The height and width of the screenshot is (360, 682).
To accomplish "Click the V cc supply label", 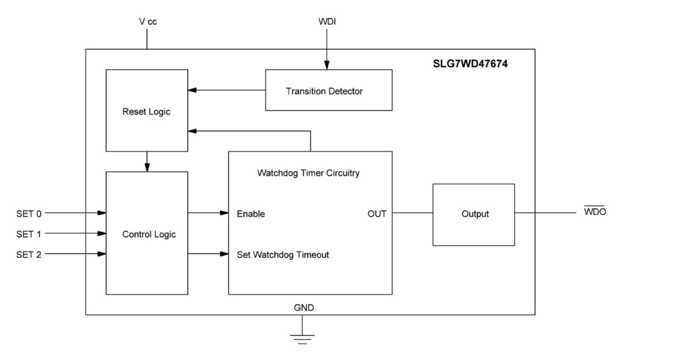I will [147, 23].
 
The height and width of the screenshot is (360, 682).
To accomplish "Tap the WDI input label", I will [327, 23].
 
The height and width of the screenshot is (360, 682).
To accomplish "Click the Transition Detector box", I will [328, 90].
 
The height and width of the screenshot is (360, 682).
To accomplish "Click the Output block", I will [473, 214].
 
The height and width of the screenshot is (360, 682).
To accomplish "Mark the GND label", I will [304, 307].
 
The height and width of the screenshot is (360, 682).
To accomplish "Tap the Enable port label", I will [251, 214].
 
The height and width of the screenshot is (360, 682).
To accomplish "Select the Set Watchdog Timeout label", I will [283, 254].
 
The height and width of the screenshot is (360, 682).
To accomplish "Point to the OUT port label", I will [377, 214].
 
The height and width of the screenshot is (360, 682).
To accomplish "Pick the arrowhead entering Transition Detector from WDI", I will [327, 65].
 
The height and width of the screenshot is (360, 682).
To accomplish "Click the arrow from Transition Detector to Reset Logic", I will [226, 90].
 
